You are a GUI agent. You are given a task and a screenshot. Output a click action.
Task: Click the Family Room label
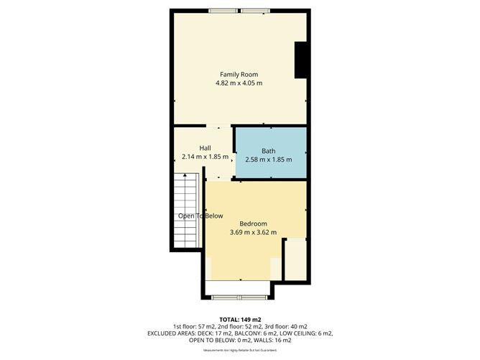(x=239, y=74)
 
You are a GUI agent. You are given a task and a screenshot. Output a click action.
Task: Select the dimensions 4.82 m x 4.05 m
(x=239, y=83)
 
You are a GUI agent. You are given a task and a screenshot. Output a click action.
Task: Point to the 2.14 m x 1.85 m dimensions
(x=200, y=157)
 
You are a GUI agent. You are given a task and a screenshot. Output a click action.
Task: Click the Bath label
(x=268, y=150)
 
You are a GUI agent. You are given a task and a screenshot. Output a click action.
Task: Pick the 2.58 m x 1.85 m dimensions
(x=268, y=160)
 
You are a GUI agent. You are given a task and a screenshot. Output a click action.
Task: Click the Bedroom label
(x=253, y=223)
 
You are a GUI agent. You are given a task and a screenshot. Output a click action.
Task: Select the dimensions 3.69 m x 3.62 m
(x=253, y=232)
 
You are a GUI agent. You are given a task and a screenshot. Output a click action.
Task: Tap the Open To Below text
(x=200, y=216)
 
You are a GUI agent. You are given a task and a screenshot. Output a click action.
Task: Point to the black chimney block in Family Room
(x=301, y=59)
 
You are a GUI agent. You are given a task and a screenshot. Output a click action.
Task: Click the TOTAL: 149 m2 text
(x=239, y=318)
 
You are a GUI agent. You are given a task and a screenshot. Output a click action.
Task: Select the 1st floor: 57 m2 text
(x=190, y=326)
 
